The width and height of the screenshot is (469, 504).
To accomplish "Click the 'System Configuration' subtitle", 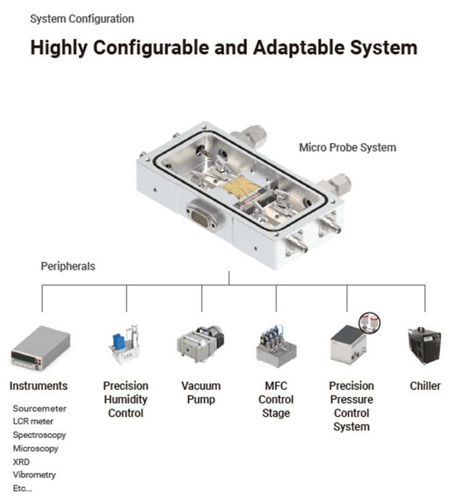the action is (82, 19).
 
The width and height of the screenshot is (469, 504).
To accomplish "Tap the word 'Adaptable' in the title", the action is (299, 47).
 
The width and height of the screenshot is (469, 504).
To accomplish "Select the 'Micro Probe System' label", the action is (348, 147).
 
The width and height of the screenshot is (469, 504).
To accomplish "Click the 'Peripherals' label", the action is (68, 266).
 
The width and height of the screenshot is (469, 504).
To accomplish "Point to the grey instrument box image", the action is (41, 348).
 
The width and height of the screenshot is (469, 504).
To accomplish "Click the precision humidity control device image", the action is (124, 344).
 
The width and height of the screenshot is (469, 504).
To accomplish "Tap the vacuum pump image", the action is (200, 344).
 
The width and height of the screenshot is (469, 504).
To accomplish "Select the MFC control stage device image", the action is (276, 346).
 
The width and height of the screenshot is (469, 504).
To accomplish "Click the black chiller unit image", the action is (424, 346).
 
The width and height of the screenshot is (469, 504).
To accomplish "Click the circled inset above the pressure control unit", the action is (370, 323).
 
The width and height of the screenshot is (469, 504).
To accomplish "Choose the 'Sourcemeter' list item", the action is (39, 408).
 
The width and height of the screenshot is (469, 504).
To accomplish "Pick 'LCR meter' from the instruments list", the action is (33, 421).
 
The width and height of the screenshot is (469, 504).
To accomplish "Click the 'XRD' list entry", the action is (21, 462).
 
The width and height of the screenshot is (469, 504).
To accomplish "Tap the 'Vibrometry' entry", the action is (35, 475).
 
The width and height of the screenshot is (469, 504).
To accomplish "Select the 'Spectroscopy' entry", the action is (39, 435).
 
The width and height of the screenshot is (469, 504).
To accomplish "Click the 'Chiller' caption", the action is (425, 386).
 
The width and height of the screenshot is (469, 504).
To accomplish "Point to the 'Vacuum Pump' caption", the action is (201, 392).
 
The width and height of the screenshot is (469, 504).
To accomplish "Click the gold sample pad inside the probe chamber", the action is (240, 187).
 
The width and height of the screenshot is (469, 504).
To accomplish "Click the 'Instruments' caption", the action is (39, 386).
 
